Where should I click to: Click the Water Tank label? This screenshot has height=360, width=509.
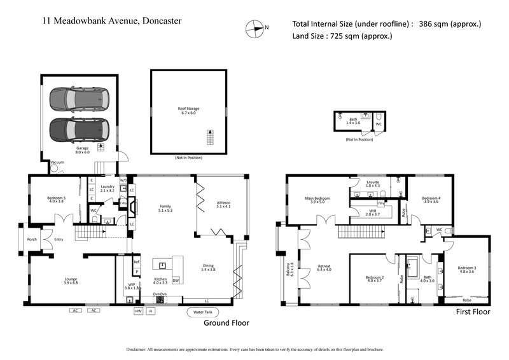200,312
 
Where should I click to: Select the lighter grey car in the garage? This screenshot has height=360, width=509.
80,99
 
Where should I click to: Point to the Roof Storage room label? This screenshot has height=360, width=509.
188,111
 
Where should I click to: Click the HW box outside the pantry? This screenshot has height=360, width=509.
138,311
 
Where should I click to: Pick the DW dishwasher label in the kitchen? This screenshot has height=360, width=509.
176,280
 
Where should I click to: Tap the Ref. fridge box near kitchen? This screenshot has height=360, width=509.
136,262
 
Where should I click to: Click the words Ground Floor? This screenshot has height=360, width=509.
226,323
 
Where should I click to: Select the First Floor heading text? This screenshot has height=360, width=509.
473,312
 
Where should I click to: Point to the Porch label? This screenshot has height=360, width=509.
31,240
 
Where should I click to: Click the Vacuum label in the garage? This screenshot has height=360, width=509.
57,163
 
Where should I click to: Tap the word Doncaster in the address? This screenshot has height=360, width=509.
157,20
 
